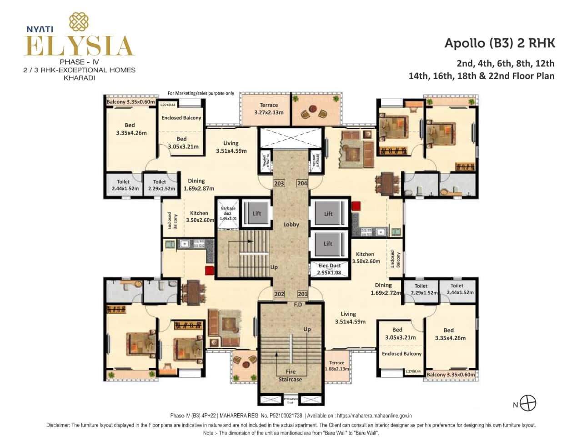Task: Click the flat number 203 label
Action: pos(279,183)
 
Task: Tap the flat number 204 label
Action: pos(302,183)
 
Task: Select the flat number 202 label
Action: pos(279,294)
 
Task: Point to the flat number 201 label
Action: pos(302,294)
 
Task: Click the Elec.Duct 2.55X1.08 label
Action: pos(330,269)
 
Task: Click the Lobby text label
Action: pos(291,224)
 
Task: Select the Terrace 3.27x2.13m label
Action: pos(269,109)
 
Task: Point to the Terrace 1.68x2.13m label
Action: pos(337,366)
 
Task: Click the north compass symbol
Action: pos(528,403)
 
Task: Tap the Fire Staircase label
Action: pos(290,376)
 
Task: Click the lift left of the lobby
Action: pos(257,213)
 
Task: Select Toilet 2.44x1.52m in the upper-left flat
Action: pos(123,185)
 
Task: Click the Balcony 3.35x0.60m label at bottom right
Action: pos(451,375)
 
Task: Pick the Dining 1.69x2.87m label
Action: pos(198,184)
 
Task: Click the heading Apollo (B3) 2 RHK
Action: pos(500,43)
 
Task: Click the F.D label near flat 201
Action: pos(298,304)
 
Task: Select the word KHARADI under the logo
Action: pos(79,78)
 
